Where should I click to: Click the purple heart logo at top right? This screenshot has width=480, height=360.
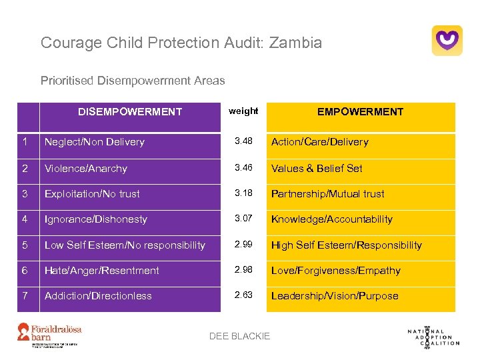point(447,41)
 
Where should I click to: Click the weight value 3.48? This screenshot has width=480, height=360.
point(243,141)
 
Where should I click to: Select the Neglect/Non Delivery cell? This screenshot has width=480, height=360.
point(95,142)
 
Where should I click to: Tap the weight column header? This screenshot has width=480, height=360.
point(243,111)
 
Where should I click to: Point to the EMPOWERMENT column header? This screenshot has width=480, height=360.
point(360,112)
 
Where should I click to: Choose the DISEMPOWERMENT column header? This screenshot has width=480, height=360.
point(130,112)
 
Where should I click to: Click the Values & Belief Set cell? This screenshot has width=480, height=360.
point(317,169)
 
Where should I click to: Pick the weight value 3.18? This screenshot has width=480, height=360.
point(243,193)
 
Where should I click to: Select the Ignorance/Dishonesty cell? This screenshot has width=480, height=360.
point(96,219)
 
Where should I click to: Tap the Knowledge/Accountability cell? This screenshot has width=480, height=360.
point(331,219)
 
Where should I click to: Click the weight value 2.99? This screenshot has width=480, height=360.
point(243,245)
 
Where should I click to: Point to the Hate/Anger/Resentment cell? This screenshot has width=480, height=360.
point(102,271)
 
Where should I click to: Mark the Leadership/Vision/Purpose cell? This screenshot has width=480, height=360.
point(335,296)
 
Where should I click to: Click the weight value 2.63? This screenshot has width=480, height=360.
point(243,295)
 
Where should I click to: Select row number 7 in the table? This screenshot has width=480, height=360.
point(25,295)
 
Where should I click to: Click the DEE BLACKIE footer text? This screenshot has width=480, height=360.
point(240,336)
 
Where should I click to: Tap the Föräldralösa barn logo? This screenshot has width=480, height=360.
point(59,333)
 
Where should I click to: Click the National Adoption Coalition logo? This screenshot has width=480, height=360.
point(433,335)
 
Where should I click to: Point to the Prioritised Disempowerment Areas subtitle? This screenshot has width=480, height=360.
point(133,81)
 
